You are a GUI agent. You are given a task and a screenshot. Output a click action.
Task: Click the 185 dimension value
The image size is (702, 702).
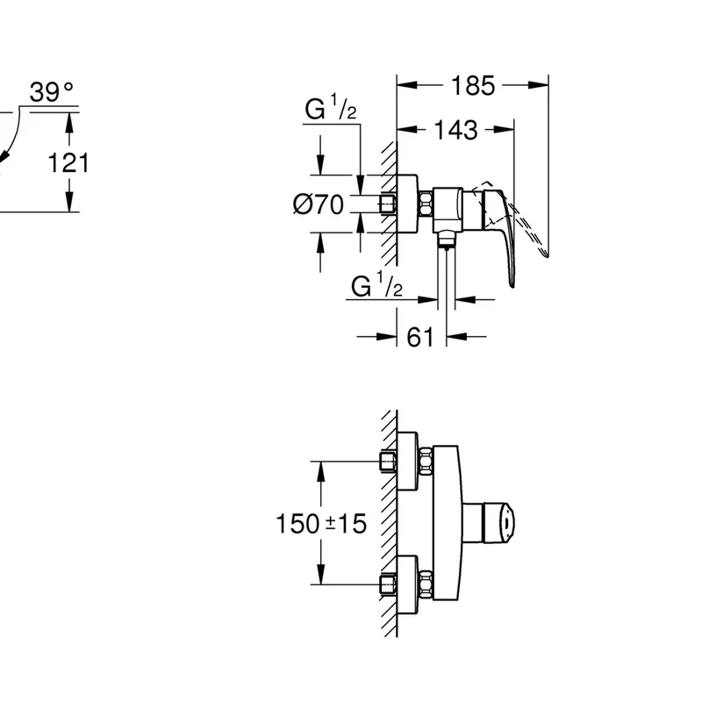tap(473, 85)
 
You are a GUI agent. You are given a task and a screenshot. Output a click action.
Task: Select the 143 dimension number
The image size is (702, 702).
tap(455, 130)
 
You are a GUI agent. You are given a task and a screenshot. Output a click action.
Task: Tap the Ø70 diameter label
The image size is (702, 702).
tap(319, 204)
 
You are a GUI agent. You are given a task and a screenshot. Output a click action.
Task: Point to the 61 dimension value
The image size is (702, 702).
tap(420, 337)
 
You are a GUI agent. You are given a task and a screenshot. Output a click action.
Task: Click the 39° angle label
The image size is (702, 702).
tap(52, 92)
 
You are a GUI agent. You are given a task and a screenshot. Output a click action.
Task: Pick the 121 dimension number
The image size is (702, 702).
tap(68, 162)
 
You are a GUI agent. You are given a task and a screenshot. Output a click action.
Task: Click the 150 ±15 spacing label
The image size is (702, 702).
tap(321, 523)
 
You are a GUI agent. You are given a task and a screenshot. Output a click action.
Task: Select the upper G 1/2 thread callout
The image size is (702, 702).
tap(331, 108)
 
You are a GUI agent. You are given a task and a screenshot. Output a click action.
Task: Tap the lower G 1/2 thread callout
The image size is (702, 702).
tap(377, 285)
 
